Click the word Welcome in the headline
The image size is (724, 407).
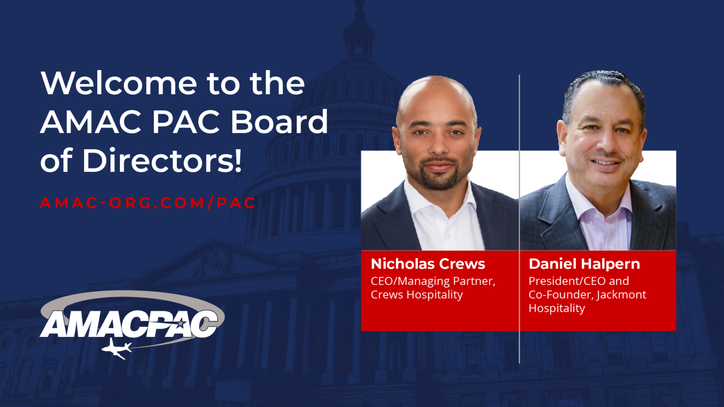click(x=119, y=83)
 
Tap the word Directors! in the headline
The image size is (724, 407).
click(x=162, y=161)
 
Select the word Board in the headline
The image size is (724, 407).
click(x=279, y=122)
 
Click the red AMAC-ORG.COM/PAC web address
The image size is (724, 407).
click(x=148, y=203)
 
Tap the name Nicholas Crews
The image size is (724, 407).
click(x=428, y=264)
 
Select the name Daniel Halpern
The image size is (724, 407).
click(x=584, y=264)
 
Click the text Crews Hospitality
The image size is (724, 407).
click(x=417, y=294)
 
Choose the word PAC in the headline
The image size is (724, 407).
click(x=186, y=122)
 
